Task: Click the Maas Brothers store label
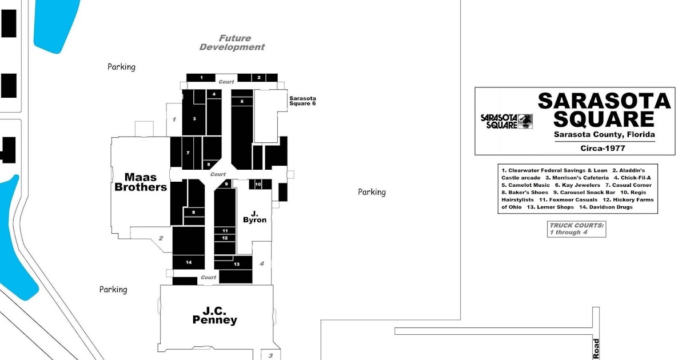point(141,182)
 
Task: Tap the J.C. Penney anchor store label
point(215,315)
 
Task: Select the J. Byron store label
point(254,217)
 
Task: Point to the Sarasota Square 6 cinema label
point(302,101)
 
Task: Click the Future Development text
point(232,42)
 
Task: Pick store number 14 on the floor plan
point(189,262)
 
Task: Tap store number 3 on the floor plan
point(194,119)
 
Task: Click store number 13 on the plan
point(237,264)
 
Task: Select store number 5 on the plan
point(242,102)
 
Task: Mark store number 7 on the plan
point(188,153)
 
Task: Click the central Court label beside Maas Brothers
point(218,174)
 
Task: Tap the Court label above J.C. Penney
point(209,277)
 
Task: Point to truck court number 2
point(161,238)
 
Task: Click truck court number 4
point(262,263)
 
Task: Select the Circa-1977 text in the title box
point(603,148)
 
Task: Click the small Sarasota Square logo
point(506,122)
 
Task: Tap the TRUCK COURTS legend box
point(576,229)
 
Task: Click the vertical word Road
point(596,349)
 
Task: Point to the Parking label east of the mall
point(372,192)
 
